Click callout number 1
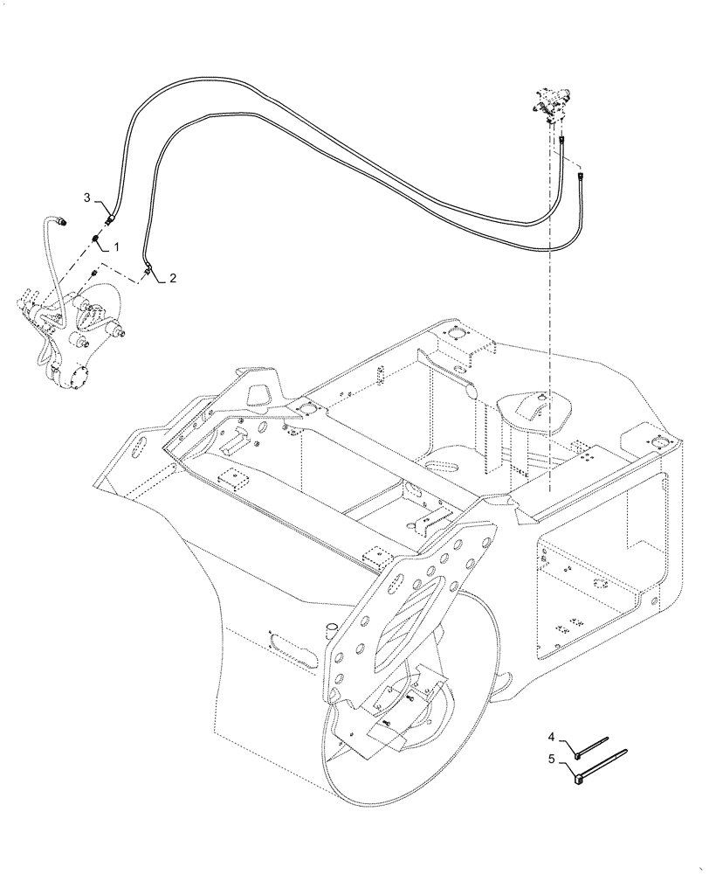pos(114,249)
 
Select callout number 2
pos(173,278)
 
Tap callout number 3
pos(87,198)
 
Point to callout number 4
pos(552,739)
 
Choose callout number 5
pos(552,760)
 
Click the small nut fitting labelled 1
pos(94,239)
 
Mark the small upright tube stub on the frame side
pos(331,631)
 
